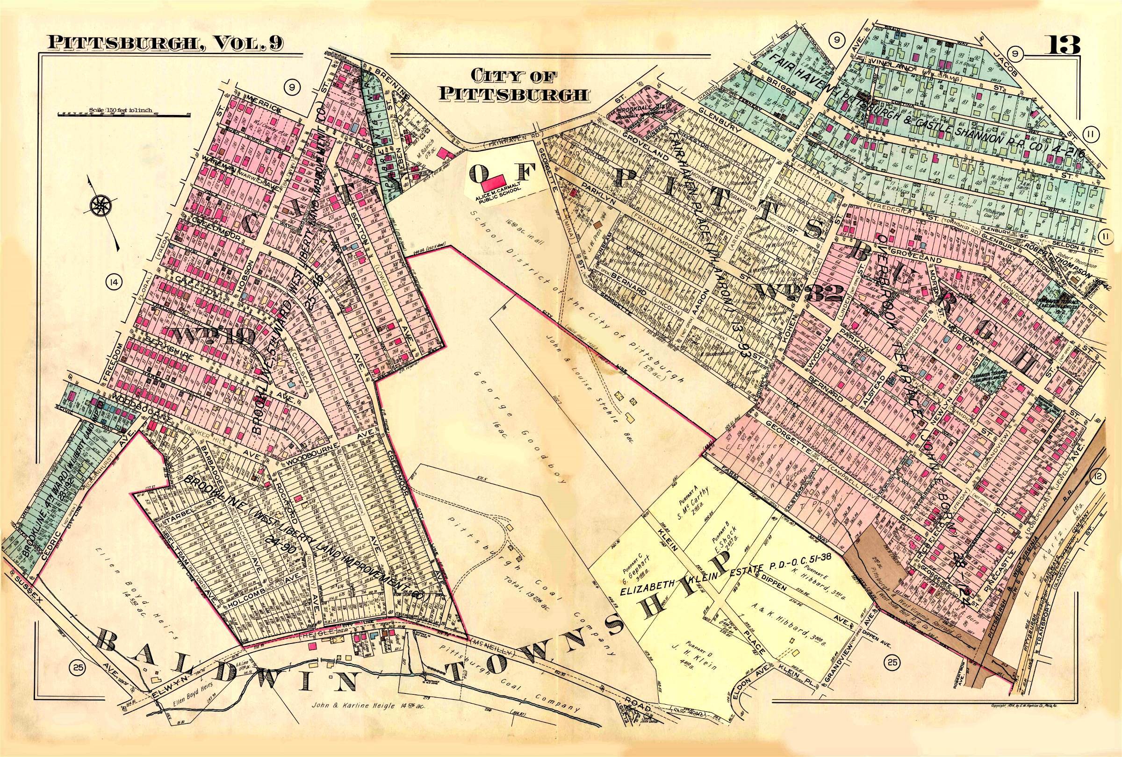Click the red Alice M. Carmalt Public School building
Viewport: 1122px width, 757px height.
point(495,183)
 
